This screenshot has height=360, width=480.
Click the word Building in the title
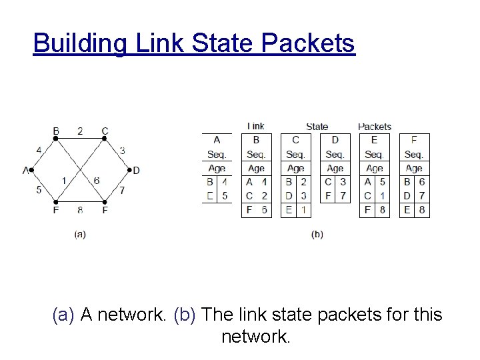[78, 43]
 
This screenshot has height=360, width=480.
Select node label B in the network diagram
[56, 131]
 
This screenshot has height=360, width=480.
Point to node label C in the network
[105, 131]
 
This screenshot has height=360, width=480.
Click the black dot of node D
[128, 170]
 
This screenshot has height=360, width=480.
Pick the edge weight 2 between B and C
[80, 131]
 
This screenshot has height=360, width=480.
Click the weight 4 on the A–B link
[39, 151]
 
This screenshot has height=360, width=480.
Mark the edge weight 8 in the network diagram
[80, 211]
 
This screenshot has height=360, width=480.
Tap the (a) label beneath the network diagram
[80, 234]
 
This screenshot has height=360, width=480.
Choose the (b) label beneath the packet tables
[317, 234]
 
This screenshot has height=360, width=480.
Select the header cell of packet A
[217, 140]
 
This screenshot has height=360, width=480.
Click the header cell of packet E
[374, 140]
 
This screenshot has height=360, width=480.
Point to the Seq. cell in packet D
[335, 154]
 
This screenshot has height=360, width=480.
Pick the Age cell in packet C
[295, 168]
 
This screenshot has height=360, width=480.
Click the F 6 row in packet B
[256, 210]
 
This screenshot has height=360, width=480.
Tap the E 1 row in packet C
[295, 210]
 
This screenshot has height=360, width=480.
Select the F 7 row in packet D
[335, 196]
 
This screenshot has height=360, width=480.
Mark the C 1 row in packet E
[374, 196]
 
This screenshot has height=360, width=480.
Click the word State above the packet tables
[317, 126]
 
